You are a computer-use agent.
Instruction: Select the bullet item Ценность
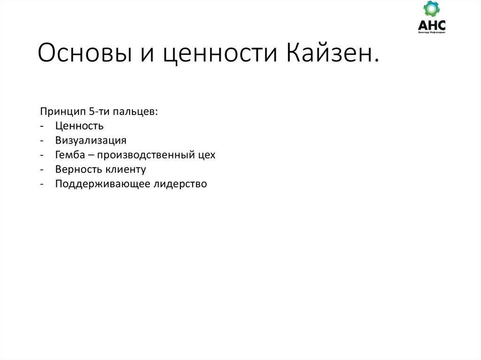tap(79, 126)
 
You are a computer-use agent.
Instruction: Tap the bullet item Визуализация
tap(91, 140)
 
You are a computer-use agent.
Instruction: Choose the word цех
tap(207, 155)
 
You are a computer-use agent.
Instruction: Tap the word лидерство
tap(180, 184)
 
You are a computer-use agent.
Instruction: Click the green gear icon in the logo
tap(431, 9)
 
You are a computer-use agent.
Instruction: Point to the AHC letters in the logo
tap(431, 25)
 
